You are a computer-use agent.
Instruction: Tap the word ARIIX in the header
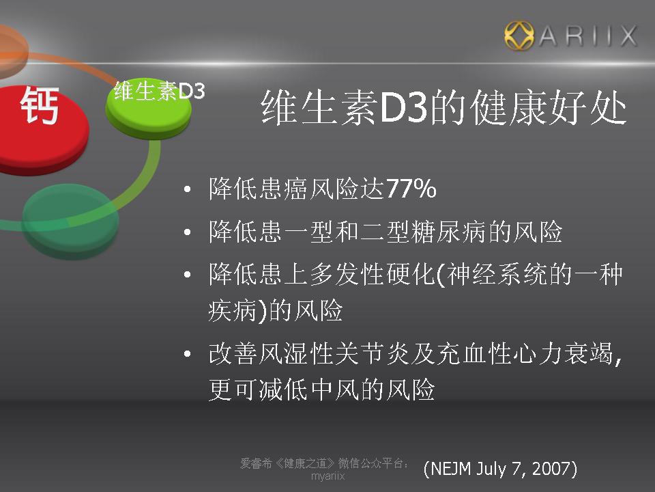pos(587,36)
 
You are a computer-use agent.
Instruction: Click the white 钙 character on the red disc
pos(40,105)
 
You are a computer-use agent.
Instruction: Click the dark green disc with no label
pos(70,221)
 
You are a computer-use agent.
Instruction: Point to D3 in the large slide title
pos(403,107)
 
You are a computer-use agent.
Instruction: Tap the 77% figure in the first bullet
pos(411,189)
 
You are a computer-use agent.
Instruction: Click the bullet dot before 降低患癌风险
pos(188,189)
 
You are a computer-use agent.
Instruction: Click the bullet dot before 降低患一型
pos(188,232)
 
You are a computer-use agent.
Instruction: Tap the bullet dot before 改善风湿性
pos(188,355)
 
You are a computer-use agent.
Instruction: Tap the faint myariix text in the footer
pos(328,476)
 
